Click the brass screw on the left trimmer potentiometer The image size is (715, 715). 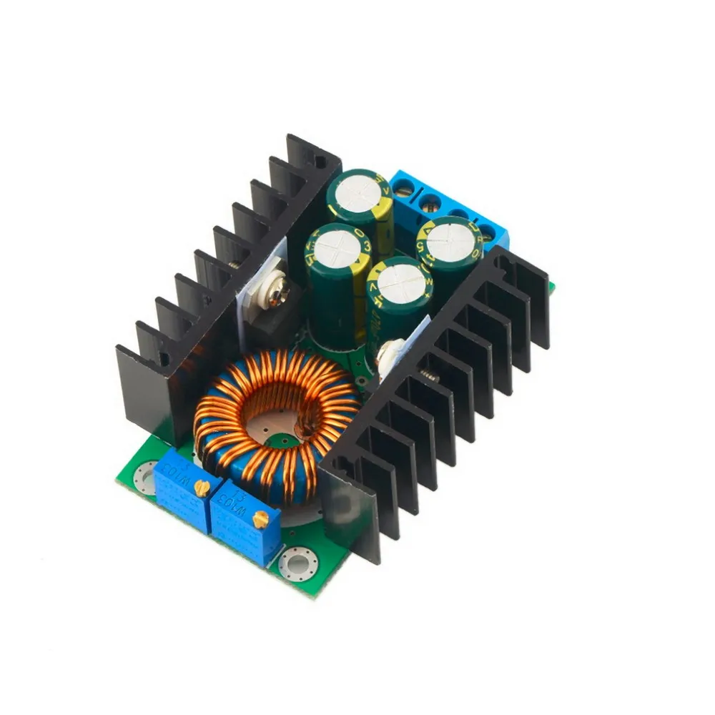click(202, 489)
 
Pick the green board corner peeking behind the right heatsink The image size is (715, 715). click(551, 287)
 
